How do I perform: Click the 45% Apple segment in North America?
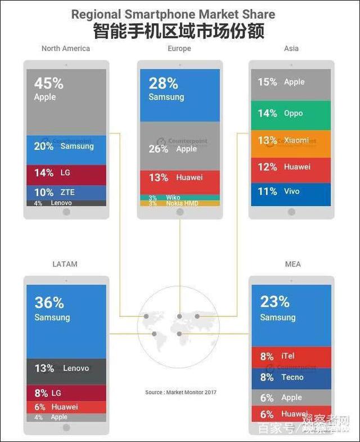click(66, 101)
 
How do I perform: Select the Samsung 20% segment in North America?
click(66, 146)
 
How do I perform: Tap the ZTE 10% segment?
click(66, 193)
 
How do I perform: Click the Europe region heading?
click(179, 48)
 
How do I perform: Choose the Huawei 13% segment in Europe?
click(179, 178)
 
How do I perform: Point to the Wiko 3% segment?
click(179, 198)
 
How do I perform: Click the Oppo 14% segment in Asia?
click(291, 113)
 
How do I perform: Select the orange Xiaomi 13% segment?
click(291, 140)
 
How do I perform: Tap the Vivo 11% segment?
click(291, 192)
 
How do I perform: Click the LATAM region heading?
click(65, 264)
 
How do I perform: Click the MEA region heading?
click(292, 264)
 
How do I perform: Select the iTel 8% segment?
click(291, 356)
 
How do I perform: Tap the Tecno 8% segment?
click(291, 378)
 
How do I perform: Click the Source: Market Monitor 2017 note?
click(181, 392)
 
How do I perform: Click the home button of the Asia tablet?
click(291, 212)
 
